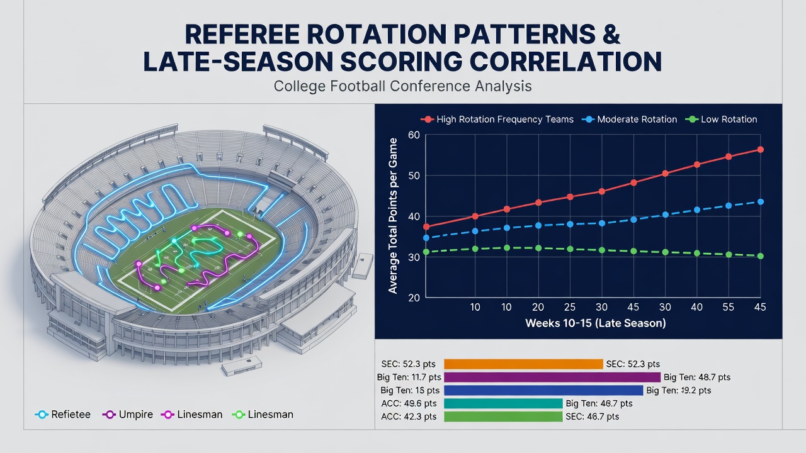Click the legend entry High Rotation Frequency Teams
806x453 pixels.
coord(497,120)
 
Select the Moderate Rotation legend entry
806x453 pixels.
coord(629,120)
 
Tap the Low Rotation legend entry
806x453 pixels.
coord(721,120)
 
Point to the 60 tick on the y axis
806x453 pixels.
coord(414,135)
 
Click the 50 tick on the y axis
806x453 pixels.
coord(414,176)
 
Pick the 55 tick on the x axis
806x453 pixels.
coord(729,307)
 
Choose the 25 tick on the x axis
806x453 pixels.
coord(570,307)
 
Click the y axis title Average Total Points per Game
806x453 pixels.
coord(392,216)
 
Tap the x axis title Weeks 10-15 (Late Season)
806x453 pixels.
coord(596,323)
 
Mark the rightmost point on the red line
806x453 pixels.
coord(760,150)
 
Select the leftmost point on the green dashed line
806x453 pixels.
coord(426,252)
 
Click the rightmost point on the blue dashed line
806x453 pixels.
coord(760,202)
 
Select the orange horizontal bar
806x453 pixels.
coord(523,364)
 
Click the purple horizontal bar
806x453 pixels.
coord(552,377)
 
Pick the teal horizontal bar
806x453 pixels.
coord(503,403)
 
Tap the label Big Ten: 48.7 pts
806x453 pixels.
coord(697,377)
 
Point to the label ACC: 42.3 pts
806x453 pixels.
coord(409,417)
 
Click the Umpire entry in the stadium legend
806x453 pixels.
coord(128,415)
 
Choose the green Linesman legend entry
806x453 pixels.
coord(263,415)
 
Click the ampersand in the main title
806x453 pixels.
coord(610,35)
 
